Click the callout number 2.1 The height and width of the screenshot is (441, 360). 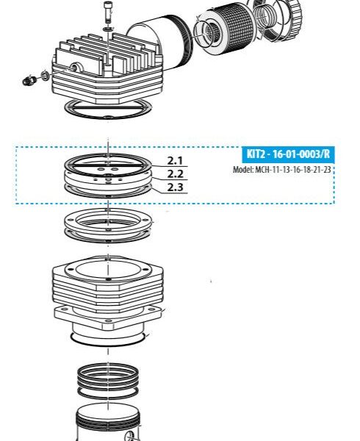coord(175,160)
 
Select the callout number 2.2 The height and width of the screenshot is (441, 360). coord(175,174)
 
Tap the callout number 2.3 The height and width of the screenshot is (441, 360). coord(175,187)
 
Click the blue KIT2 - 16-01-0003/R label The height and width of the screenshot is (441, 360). coord(287,154)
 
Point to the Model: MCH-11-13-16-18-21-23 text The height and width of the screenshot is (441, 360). coord(282,170)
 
